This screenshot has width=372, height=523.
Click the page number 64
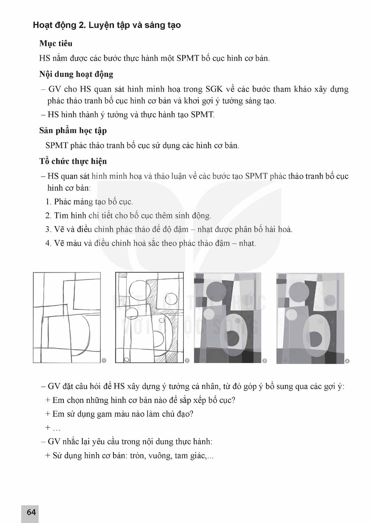tap(31, 512)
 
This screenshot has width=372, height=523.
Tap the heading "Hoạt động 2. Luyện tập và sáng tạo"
tap(107, 25)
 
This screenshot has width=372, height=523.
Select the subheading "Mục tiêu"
tap(56, 43)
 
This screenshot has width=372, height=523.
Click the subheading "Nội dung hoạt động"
tap(76, 74)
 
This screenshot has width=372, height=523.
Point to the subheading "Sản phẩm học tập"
tap(73, 131)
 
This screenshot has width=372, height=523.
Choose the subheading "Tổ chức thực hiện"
tap(73, 161)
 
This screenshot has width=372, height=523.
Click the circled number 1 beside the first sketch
tap(104, 361)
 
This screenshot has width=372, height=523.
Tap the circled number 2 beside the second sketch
tap(187, 361)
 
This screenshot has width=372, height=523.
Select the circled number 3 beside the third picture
tap(264, 361)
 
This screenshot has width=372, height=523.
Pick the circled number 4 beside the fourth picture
tap(347, 361)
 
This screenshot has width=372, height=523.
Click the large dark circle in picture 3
tap(216, 292)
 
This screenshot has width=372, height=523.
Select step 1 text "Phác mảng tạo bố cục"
tap(93, 202)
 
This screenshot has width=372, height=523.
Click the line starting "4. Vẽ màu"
tap(150, 243)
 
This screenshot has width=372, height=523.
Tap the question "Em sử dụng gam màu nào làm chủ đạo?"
tap(123, 414)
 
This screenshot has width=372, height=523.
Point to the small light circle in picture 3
tap(209, 314)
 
